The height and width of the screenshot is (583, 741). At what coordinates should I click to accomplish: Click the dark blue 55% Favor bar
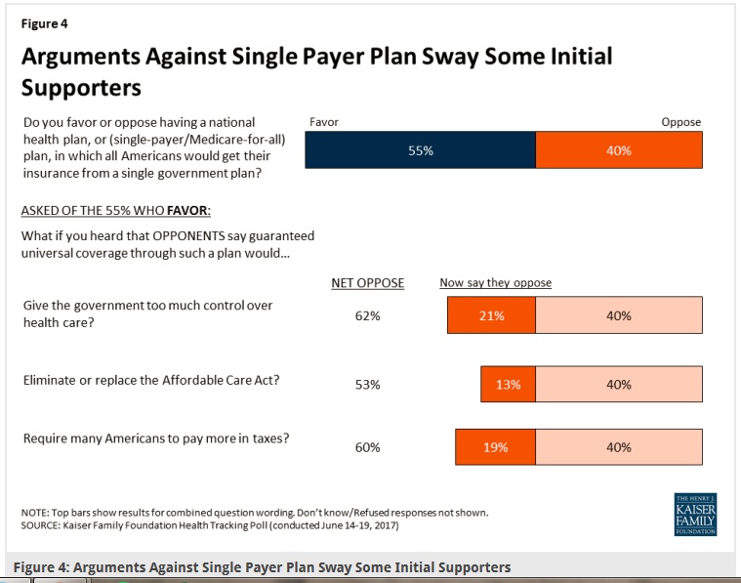coord(421,150)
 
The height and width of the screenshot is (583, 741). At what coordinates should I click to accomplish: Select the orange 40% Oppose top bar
coord(618,150)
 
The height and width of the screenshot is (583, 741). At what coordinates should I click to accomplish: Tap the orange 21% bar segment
coord(491,315)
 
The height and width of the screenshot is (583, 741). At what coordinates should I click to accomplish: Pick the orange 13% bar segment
coord(508,385)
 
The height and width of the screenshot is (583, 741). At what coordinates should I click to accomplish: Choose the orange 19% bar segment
coord(495,447)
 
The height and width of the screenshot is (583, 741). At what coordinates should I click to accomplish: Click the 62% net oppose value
coord(367,316)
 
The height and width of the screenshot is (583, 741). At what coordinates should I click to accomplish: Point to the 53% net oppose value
coord(367,385)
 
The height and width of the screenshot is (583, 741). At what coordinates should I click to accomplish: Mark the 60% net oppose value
coord(367,447)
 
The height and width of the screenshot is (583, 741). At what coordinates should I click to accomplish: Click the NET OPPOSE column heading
coord(367,283)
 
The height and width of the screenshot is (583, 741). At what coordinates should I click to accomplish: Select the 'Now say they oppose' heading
coord(495,283)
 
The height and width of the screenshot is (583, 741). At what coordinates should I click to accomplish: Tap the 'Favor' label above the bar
coord(323,122)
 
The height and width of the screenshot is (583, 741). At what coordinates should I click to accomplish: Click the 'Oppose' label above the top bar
coord(680,122)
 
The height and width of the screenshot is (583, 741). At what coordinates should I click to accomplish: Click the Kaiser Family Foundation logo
coord(695,515)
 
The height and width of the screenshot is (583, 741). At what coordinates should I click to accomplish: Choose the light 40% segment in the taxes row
coord(618,447)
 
